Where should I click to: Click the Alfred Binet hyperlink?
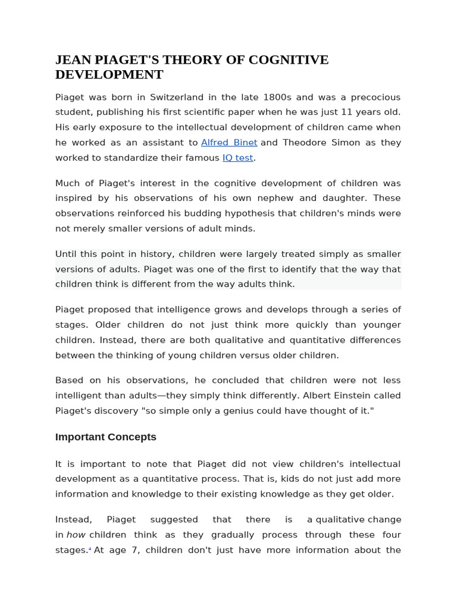pos(229,143)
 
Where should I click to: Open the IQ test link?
pos(237,158)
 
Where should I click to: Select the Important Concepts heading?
pos(105,437)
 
